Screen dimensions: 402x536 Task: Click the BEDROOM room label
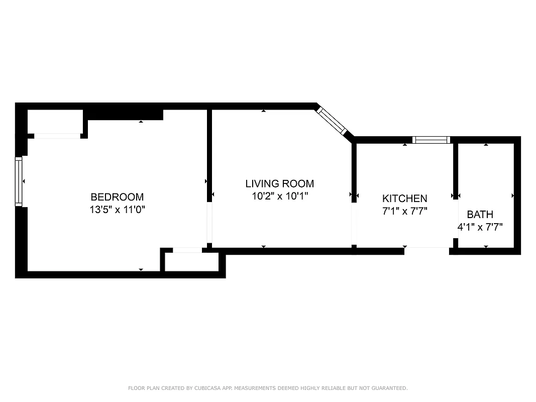(x=117, y=197)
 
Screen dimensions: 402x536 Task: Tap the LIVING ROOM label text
(x=279, y=183)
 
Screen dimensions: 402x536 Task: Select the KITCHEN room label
(x=404, y=198)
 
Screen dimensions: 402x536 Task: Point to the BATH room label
(x=480, y=215)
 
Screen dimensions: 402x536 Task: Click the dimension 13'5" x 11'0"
(x=117, y=210)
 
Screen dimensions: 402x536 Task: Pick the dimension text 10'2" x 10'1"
(x=279, y=196)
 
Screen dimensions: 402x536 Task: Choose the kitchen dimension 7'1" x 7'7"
(x=404, y=212)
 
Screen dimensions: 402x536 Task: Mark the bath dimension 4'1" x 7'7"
(x=480, y=227)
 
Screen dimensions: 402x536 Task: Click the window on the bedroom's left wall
(x=19, y=181)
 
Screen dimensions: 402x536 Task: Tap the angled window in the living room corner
(x=332, y=119)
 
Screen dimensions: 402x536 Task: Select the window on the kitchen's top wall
(x=431, y=140)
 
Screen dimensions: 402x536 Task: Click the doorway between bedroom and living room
(x=209, y=223)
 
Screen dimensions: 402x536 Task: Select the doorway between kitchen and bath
(x=456, y=220)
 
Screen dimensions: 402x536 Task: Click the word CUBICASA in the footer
(x=203, y=388)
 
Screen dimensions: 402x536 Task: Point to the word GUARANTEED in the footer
(x=390, y=388)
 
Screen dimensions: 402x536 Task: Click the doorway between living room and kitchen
(x=354, y=224)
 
